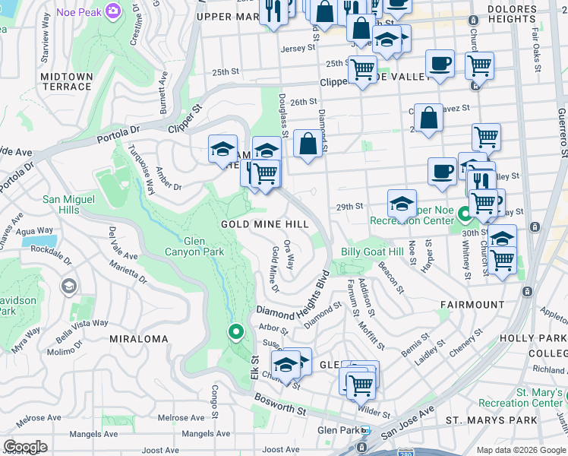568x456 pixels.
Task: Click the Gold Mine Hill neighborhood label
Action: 264,224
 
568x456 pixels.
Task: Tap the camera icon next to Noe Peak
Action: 114,11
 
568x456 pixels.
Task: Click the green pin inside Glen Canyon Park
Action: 236,332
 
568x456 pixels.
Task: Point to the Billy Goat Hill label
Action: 372,252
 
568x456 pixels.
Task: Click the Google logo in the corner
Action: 25,447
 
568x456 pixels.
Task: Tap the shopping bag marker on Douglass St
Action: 308,144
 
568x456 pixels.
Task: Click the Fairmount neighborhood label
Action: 472,305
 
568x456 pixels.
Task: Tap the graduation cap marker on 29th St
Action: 402,204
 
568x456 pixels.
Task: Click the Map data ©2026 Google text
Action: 520,449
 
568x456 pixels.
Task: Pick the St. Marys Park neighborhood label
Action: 491,420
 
